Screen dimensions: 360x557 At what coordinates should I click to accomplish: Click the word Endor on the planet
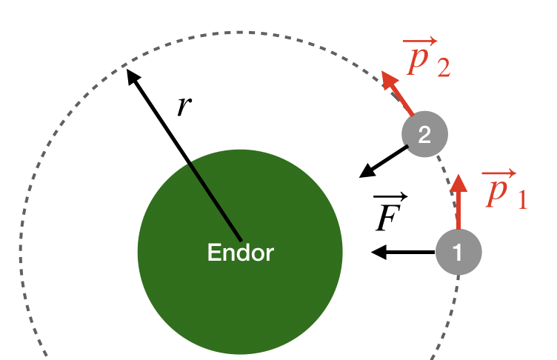click(241, 253)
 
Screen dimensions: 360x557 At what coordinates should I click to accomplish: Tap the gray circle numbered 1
click(458, 252)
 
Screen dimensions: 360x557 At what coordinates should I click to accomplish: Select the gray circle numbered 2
click(424, 134)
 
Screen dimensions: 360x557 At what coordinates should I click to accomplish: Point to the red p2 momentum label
click(427, 59)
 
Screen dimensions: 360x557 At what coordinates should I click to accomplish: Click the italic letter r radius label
click(184, 106)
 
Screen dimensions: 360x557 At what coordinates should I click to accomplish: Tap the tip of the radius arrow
click(128, 70)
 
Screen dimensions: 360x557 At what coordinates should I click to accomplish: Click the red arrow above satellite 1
click(458, 201)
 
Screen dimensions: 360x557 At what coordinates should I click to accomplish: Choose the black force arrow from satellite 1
click(403, 253)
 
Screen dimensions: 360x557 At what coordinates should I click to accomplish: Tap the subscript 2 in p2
click(442, 69)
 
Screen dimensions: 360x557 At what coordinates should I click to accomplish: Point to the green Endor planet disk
click(241, 296)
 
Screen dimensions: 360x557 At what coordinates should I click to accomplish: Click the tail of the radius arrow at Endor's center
click(241, 239)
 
